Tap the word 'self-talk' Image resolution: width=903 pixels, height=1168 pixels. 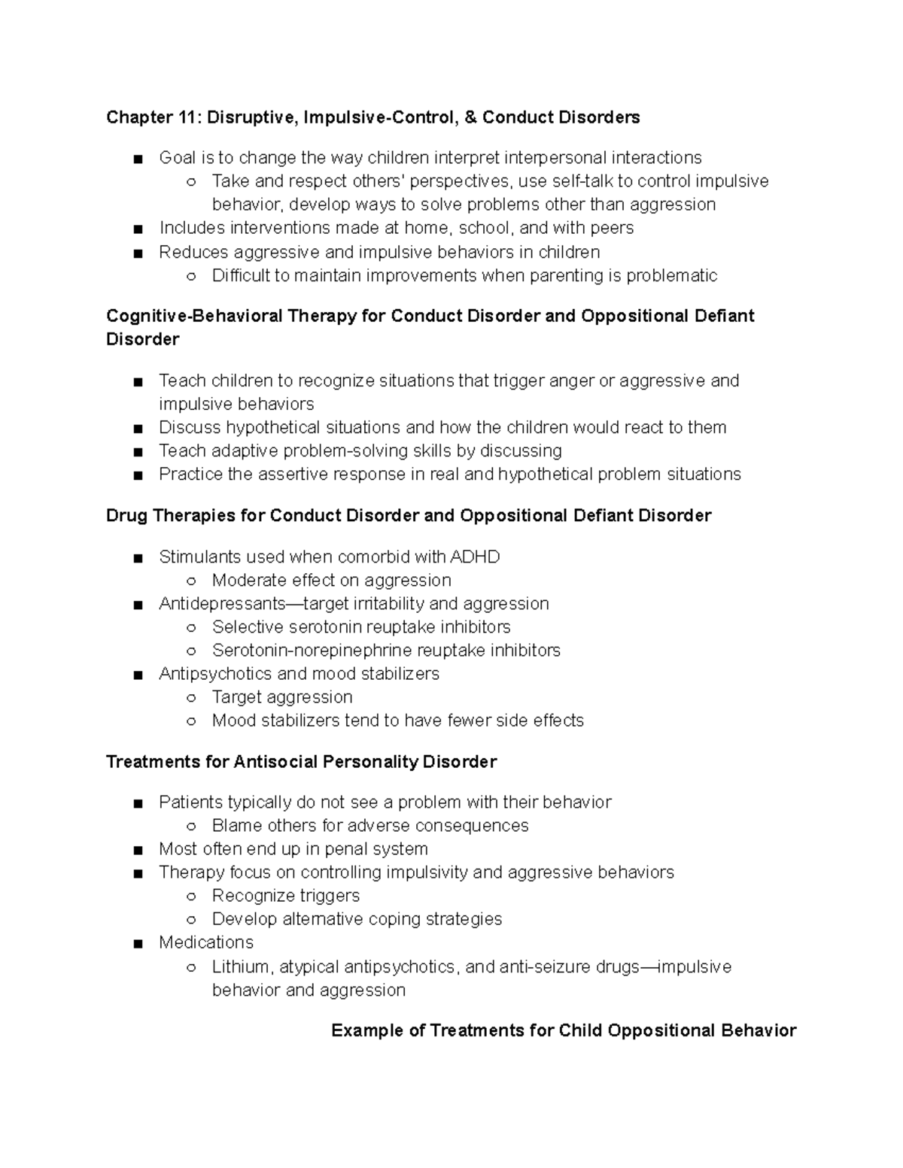(582, 181)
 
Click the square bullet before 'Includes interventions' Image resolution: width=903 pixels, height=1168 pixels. (135, 229)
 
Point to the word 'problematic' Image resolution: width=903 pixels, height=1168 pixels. (671, 275)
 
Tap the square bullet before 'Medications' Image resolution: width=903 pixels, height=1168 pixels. (135, 943)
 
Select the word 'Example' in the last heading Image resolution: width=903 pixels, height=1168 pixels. (367, 1030)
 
